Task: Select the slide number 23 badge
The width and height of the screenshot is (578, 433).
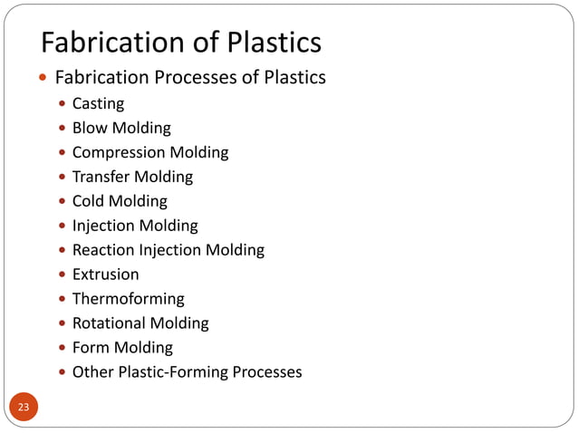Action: pyautogui.click(x=24, y=407)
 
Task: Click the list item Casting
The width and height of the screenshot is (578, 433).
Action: pyautogui.click(x=98, y=104)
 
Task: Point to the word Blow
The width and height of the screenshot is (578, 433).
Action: pyautogui.click(x=90, y=128)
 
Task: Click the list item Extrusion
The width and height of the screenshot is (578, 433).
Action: pyautogui.click(x=105, y=274)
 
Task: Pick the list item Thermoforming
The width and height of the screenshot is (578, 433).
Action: pyautogui.click(x=128, y=299)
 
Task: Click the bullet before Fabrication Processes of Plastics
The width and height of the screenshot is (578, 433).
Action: pyautogui.click(x=43, y=79)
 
